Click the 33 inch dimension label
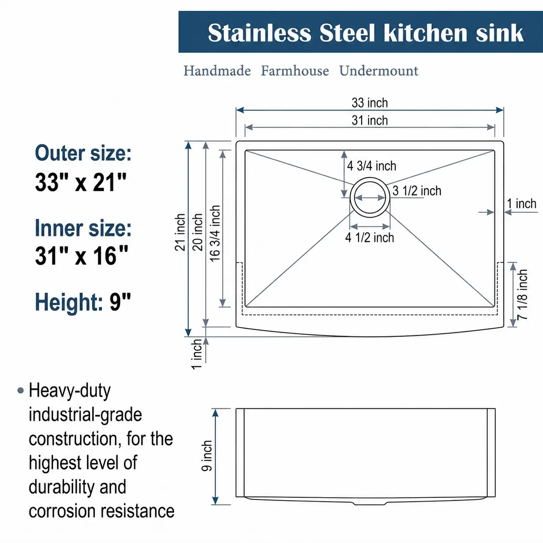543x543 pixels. click(x=369, y=103)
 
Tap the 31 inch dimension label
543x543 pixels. click(x=369, y=120)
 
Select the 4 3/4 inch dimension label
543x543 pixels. click(x=372, y=166)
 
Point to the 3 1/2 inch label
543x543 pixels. click(x=417, y=191)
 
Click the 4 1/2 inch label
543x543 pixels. click(x=369, y=238)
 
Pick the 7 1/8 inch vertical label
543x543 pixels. click(x=522, y=294)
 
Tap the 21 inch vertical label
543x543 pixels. click(x=180, y=232)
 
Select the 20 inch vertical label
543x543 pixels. click(x=197, y=232)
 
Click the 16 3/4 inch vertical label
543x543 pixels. click(x=215, y=233)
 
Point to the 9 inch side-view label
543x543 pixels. click(x=207, y=456)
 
